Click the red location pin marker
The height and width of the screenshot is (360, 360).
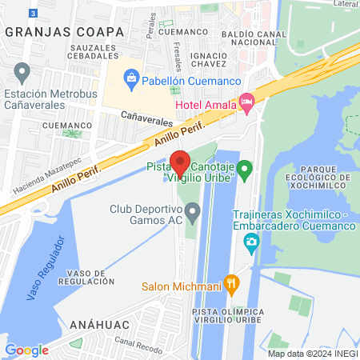(180, 164)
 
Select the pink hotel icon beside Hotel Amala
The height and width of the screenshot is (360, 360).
(247, 101)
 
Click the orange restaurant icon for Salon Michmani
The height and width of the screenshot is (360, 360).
(231, 282)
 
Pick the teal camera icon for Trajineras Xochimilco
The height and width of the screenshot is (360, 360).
(252, 242)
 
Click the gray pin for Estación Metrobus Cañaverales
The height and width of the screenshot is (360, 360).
(22, 73)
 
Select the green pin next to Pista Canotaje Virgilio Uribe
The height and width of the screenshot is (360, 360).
(246, 170)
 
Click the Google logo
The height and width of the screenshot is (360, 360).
(26, 350)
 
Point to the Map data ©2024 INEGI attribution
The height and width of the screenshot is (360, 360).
(312, 354)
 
